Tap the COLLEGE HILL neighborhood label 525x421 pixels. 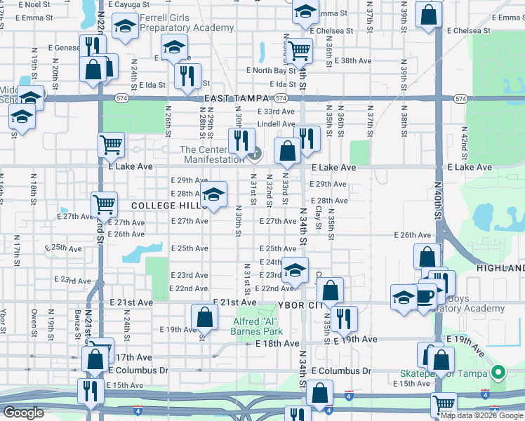click(165, 205)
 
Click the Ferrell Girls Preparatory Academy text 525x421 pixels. click(186, 22)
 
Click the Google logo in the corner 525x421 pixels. click(23, 413)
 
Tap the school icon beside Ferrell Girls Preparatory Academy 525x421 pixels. click(125, 28)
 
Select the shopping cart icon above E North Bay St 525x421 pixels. click(299, 50)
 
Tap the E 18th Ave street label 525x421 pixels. click(278, 343)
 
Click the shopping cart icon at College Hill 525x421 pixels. click(104, 204)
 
